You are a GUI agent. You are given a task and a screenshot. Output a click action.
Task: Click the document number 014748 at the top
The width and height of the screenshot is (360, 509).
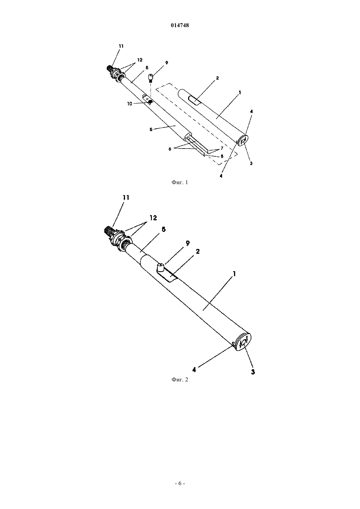[x=180, y=26]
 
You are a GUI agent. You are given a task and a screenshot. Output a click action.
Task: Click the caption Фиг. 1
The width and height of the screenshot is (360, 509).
[x=180, y=182]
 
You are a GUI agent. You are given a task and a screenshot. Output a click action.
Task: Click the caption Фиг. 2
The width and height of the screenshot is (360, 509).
[x=180, y=379]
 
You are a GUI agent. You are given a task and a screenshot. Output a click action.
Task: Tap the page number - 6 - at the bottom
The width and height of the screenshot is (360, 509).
[x=180, y=483]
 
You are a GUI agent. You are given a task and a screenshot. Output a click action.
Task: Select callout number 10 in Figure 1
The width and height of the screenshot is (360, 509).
[x=130, y=104]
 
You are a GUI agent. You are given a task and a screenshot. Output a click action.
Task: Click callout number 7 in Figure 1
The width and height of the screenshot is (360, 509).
[x=222, y=148]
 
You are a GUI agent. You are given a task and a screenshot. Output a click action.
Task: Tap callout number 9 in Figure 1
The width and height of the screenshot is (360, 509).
[x=167, y=63]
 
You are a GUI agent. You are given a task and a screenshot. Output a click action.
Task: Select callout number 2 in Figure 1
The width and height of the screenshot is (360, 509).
[x=218, y=78]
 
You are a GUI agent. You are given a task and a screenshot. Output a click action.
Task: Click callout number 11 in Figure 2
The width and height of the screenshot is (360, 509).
[x=126, y=198]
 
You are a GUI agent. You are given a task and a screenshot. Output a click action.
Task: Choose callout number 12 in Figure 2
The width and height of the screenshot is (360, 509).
[x=153, y=218]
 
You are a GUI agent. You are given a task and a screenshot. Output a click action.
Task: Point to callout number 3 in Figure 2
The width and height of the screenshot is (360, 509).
[x=253, y=372]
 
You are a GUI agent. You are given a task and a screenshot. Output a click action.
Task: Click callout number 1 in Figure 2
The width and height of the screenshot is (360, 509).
[x=234, y=273]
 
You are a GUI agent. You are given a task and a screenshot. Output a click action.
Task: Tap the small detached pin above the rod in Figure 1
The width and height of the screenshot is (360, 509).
[x=151, y=78]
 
